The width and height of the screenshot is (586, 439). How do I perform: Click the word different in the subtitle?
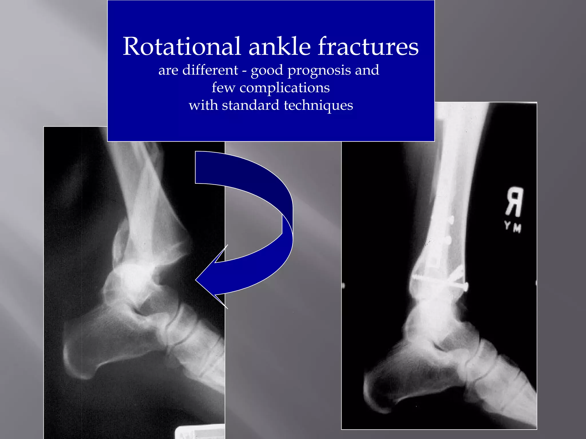210,70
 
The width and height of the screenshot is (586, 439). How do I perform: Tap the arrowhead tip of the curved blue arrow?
196,280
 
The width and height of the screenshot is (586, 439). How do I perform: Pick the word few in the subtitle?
223,88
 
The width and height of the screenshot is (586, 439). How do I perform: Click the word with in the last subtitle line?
203,105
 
